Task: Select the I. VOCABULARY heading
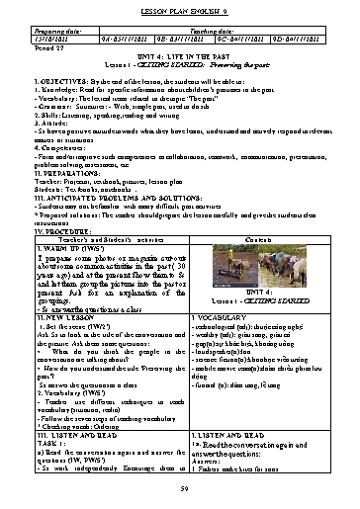click(x=215, y=315)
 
